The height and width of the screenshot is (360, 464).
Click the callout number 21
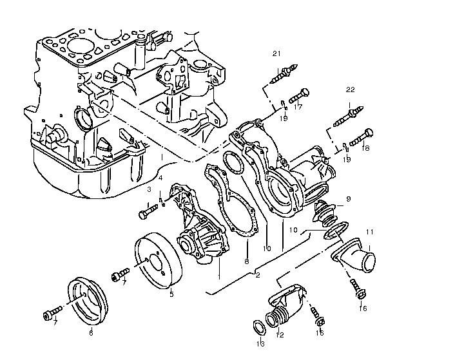click(276, 53)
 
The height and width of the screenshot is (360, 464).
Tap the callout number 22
click(350, 90)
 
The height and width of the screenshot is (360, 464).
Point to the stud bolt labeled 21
click(284, 73)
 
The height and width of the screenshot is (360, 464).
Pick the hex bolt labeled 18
click(362, 137)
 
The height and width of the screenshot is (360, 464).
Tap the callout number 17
click(298, 107)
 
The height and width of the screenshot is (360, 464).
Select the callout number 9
click(348, 199)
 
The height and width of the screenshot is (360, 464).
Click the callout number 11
click(370, 232)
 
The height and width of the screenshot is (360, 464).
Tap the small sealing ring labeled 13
click(258, 327)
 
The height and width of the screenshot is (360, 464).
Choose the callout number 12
click(280, 335)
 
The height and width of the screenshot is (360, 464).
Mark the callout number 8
click(247, 261)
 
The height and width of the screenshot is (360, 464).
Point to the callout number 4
click(160, 178)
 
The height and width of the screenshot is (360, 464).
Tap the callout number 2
click(258, 275)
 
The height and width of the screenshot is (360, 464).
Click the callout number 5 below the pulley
click(171, 294)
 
